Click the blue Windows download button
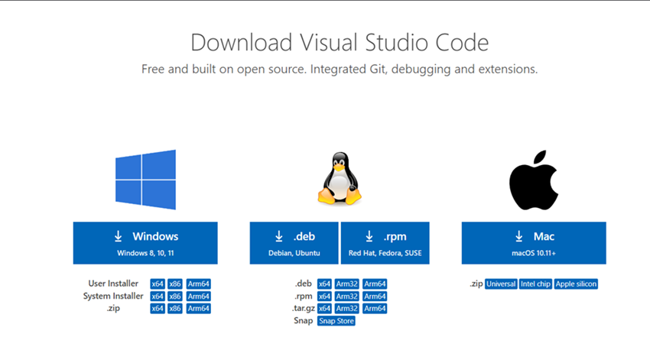145,243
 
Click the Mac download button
534,243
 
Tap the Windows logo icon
145,180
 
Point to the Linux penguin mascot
340,178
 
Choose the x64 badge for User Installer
158,284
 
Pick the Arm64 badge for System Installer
199,296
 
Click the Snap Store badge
336,320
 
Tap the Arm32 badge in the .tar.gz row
347,308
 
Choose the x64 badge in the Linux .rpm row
324,296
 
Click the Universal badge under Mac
501,284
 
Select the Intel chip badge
536,284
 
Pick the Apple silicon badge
577,284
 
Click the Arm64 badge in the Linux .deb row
375,284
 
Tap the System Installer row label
113,296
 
